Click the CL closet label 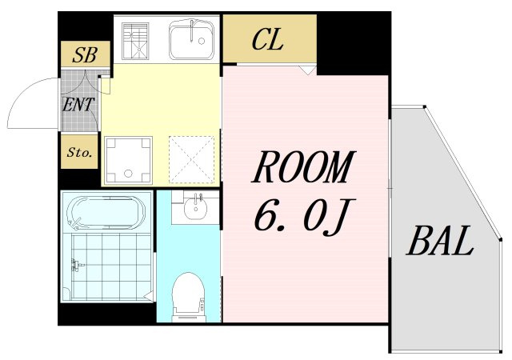(x=267, y=40)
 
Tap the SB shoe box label (x=85, y=54)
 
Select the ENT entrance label (x=78, y=105)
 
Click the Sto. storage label (x=79, y=152)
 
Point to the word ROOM (x=304, y=166)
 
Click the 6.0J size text (x=304, y=214)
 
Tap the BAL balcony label (x=440, y=240)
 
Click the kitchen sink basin (x=191, y=40)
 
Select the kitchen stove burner (x=135, y=41)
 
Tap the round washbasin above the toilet (x=195, y=209)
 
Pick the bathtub (x=106, y=212)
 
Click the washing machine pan (x=128, y=160)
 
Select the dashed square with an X (x=192, y=160)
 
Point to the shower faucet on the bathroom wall (x=77, y=264)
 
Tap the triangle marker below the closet (x=306, y=70)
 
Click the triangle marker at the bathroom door (x=149, y=296)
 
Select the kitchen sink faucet (x=193, y=30)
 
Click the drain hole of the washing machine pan (x=128, y=173)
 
